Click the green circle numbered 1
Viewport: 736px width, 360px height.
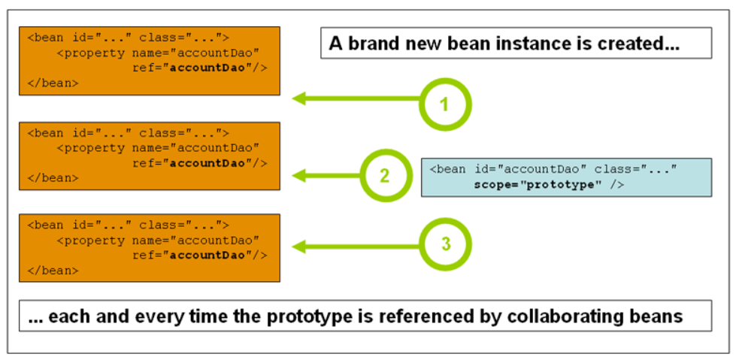coord(444,104)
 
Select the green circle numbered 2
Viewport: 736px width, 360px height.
coord(385,176)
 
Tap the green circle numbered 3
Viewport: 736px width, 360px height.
coord(444,244)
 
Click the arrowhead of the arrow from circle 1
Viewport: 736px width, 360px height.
coord(299,98)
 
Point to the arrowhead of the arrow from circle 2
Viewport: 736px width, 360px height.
coord(299,176)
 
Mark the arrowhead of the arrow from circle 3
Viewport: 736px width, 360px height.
coord(299,246)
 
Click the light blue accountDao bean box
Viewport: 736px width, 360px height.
coord(566,177)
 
